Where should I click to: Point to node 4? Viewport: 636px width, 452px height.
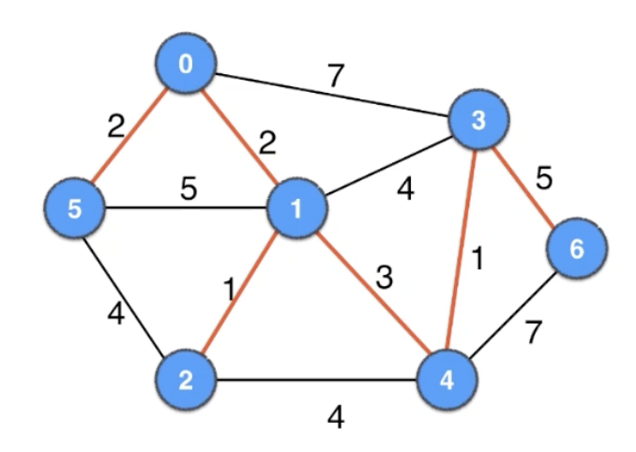click(x=447, y=381)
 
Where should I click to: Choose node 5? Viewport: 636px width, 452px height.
click(x=76, y=209)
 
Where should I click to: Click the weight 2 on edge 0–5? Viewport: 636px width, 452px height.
click(x=115, y=127)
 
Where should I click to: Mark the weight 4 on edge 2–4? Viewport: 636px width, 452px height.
click(x=335, y=415)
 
